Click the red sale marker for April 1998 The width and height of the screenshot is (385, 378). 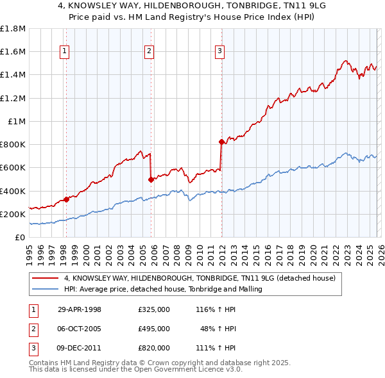[x=67, y=199]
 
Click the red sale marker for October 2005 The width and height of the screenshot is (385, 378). [x=151, y=180]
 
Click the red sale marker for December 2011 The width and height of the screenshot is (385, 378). [x=221, y=142]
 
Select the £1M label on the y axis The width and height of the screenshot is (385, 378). [x=17, y=121]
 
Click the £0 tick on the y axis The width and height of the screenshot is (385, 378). [x=21, y=237]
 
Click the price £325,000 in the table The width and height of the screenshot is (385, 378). [x=153, y=309]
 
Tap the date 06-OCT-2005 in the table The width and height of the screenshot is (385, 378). [x=80, y=329]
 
